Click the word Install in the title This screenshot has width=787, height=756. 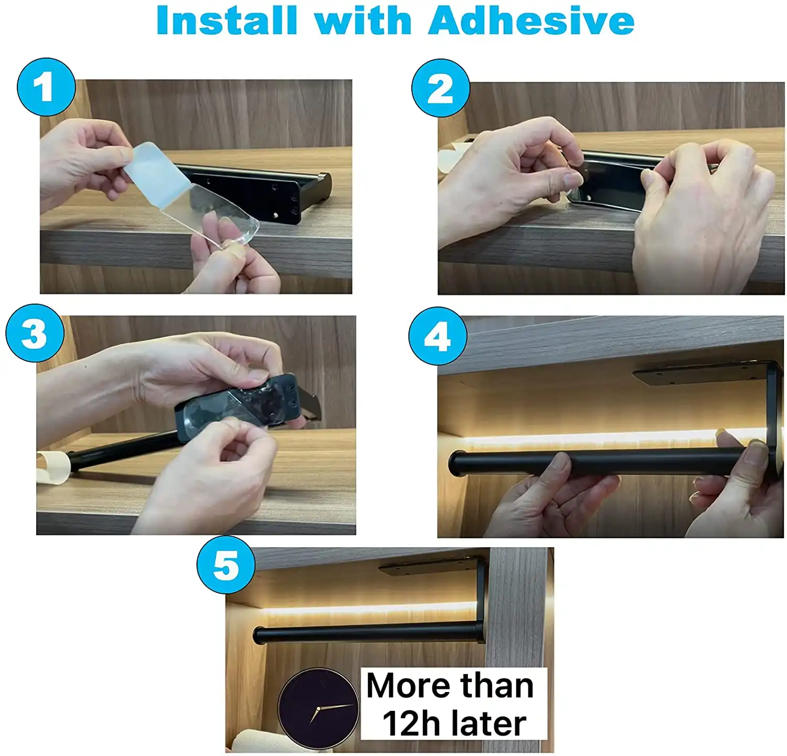(227, 20)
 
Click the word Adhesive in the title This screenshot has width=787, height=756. (531, 20)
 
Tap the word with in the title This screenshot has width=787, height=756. (363, 20)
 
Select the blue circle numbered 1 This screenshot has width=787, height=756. (46, 87)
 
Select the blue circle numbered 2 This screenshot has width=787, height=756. (441, 88)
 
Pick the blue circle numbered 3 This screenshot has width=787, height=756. (35, 333)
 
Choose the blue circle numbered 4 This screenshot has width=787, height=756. (438, 336)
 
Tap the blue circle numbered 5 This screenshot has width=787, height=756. (226, 565)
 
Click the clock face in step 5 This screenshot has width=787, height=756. (318, 708)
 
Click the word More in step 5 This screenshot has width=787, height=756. (409, 686)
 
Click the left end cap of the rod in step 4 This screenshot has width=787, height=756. (458, 463)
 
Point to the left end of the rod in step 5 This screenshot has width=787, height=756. (259, 635)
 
